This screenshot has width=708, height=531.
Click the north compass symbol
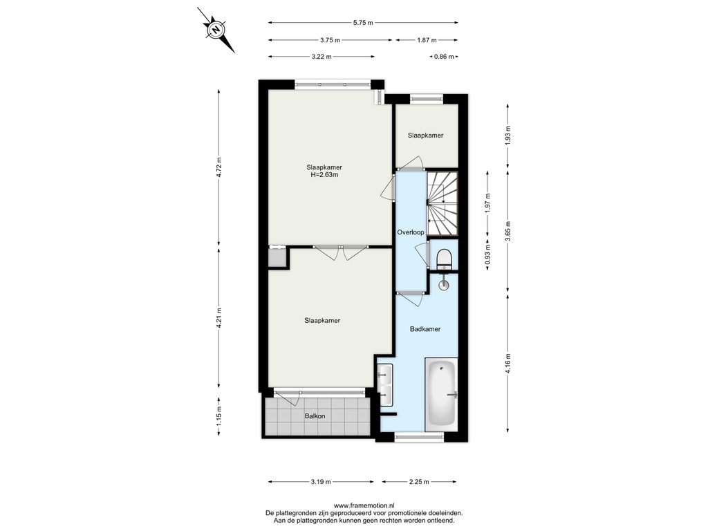point(216,30)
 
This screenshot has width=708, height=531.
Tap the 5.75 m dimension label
point(363,23)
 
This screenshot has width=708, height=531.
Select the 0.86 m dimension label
point(444,57)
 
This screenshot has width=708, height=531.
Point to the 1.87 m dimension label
point(427,40)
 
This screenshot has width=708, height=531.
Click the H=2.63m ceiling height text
point(324,175)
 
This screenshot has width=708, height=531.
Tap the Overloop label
point(411,232)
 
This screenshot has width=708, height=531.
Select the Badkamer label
point(425,329)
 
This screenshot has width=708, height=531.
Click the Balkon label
point(315,416)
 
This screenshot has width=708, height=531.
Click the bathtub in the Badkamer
point(441,393)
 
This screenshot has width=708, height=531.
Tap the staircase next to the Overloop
point(442,203)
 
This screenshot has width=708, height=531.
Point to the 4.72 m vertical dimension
point(219,167)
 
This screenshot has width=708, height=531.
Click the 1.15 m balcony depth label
point(219,416)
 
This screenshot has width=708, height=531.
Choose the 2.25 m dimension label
point(419,482)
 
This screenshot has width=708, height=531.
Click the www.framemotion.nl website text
point(364,505)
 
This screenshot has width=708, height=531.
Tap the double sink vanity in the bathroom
point(385,385)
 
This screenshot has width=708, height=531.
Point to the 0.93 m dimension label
point(487,254)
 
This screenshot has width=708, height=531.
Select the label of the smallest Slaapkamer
point(425,136)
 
